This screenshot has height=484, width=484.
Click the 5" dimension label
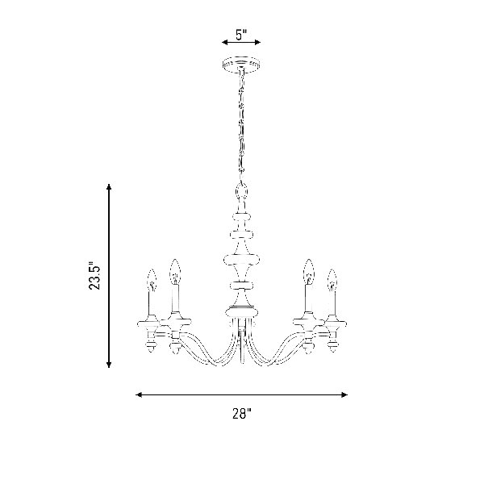pos(241,35)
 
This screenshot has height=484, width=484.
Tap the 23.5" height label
pos(94,276)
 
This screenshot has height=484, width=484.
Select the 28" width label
pos(242,414)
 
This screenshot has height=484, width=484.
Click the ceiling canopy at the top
pos(241,65)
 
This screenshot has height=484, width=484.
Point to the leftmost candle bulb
pos(152,280)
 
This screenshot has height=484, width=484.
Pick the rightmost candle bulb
pos(332,280)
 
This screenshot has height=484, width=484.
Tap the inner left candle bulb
pos(175,272)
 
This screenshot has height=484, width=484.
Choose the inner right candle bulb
pos(309,272)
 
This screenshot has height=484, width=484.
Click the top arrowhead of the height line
pos(109,187)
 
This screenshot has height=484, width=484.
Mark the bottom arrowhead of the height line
pos(109,365)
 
